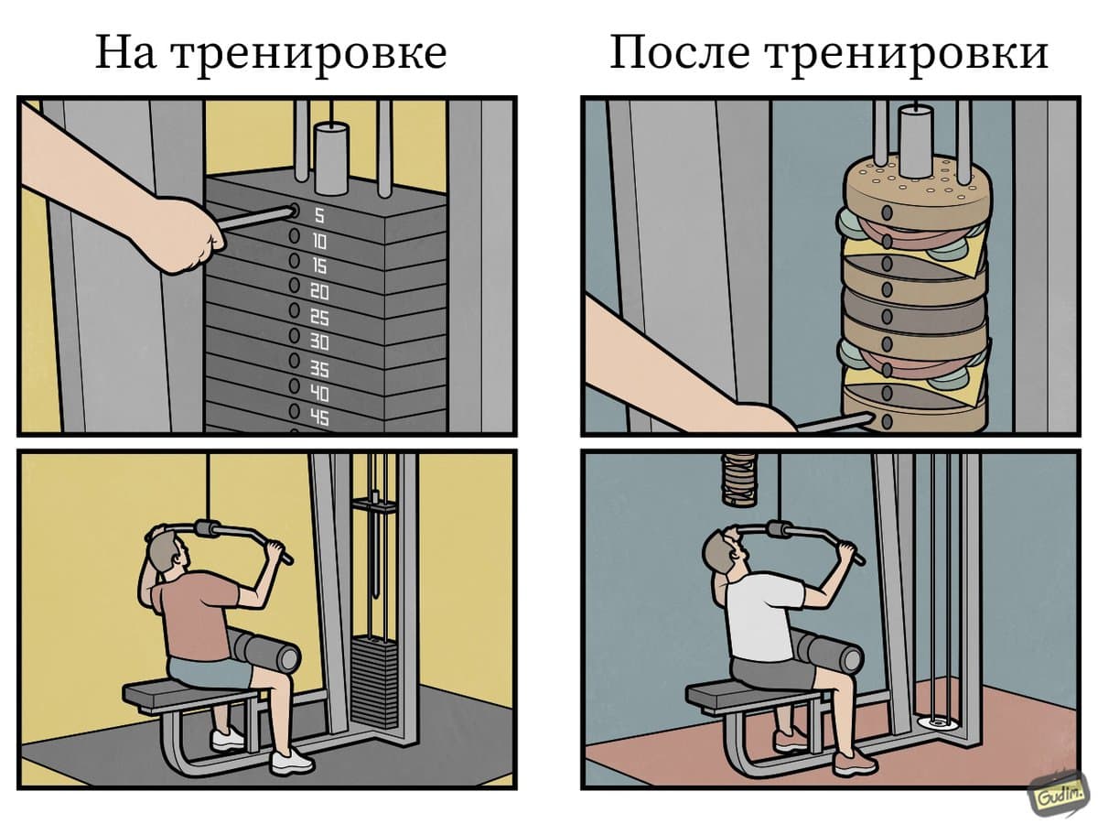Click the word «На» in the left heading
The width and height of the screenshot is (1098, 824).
coord(125,52)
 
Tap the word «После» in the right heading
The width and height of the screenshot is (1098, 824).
coord(681,52)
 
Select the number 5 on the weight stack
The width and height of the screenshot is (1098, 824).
coord(319,216)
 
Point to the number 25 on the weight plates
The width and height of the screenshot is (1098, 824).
coord(319,317)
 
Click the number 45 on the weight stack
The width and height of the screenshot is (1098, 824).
coord(319,417)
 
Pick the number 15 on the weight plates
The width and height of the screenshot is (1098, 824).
coord(319,266)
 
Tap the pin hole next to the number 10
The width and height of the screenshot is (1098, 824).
coord(294,235)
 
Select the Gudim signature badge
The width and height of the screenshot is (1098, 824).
coord(1058,797)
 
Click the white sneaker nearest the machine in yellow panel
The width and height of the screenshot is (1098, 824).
coord(292,763)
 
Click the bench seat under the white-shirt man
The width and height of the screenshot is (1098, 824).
coord(753,699)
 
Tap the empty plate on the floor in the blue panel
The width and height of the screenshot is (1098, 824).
coord(934,723)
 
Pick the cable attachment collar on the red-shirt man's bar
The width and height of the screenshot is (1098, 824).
coord(207,529)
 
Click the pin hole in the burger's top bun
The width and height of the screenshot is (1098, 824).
coord(887,212)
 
